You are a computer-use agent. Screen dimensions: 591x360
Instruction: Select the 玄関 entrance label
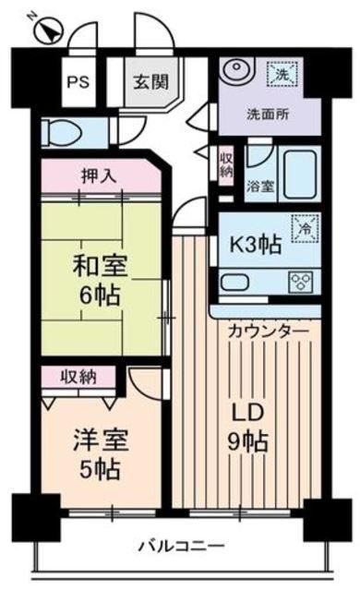click(149, 81)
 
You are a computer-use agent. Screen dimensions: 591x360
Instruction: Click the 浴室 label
click(259, 186)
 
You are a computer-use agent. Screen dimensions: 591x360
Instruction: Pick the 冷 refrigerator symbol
click(302, 225)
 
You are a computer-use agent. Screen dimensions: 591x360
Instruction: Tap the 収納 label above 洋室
click(78, 377)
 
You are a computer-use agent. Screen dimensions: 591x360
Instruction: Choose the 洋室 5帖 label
click(97, 453)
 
